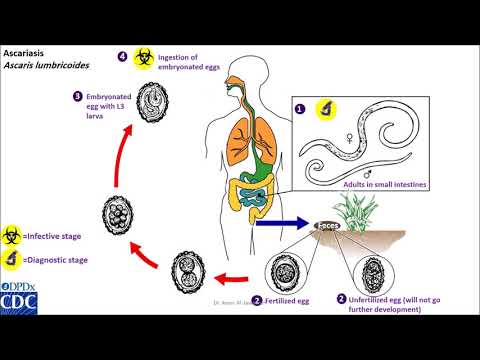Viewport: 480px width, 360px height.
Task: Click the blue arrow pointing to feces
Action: (279, 224)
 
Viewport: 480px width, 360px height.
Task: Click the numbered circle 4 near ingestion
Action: (124, 57)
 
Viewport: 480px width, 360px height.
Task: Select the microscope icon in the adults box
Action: (327, 111)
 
